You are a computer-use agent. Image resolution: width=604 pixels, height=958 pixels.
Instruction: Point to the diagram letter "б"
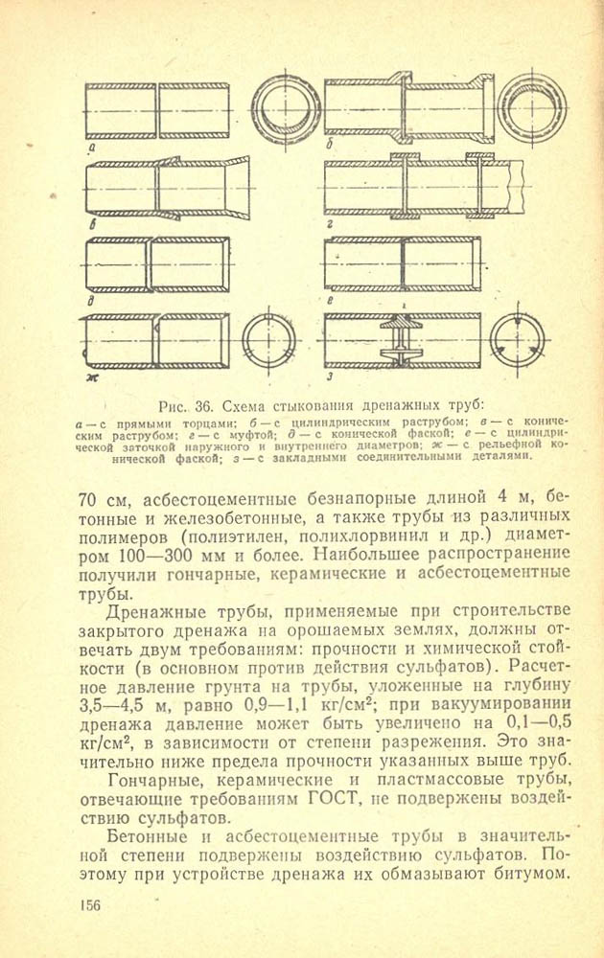(x=329, y=146)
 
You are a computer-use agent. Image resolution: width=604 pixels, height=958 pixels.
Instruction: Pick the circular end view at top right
(x=532, y=102)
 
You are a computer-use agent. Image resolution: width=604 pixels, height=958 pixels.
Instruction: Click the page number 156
(x=84, y=905)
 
